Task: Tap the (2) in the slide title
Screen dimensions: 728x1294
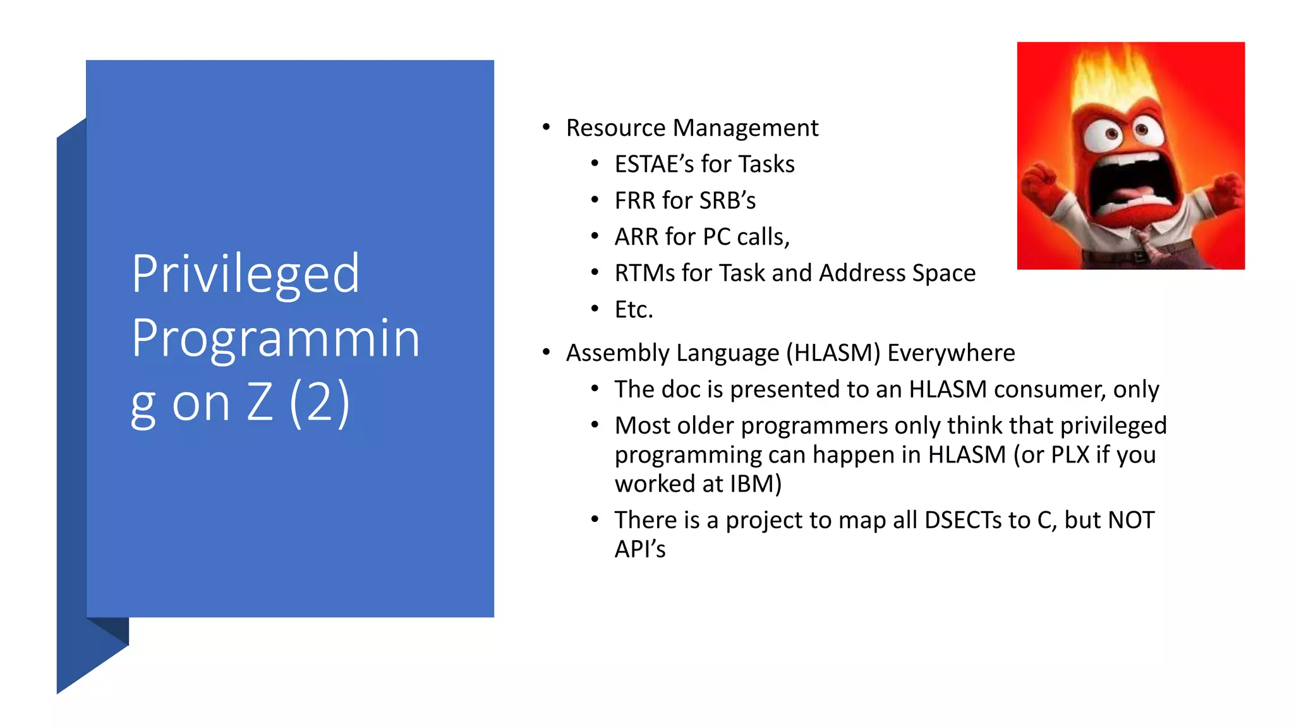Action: pos(319,403)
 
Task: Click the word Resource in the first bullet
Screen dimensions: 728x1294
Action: pos(615,128)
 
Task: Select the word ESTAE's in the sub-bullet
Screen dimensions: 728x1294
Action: pos(654,164)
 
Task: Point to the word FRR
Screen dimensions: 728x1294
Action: pos(634,201)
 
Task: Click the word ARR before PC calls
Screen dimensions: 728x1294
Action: pos(636,237)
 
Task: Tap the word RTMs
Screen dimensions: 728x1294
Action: pos(644,274)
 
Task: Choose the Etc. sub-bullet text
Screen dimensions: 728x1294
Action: pos(634,310)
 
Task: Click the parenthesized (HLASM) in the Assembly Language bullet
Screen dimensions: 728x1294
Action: pos(833,353)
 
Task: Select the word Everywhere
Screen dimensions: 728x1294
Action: pos(951,353)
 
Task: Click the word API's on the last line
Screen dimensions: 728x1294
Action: pos(639,550)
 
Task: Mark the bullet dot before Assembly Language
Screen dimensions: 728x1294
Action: pos(547,353)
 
